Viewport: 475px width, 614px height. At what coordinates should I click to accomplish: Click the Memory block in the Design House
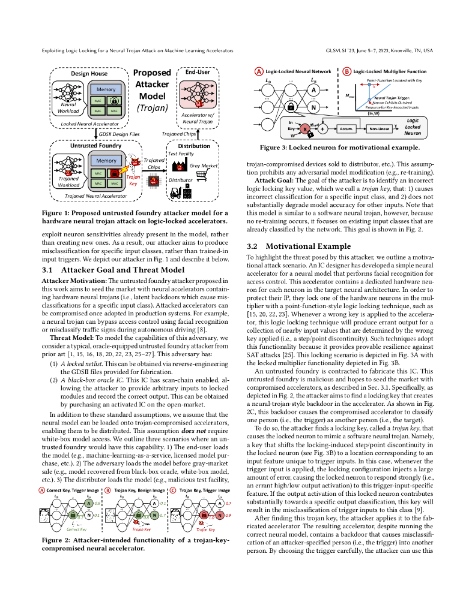(106, 89)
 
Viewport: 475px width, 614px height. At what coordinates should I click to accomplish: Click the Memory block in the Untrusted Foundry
(106, 161)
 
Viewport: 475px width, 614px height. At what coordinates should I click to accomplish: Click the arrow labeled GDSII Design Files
(95, 135)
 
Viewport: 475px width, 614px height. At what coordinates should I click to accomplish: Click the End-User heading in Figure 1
(198, 71)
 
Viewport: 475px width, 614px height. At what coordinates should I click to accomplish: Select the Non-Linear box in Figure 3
(380, 128)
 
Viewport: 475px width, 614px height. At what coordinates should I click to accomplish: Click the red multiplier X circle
(304, 128)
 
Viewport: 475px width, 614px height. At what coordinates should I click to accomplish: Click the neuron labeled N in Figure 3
(313, 108)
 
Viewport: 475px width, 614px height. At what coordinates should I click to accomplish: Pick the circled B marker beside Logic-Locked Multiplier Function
(347, 71)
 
